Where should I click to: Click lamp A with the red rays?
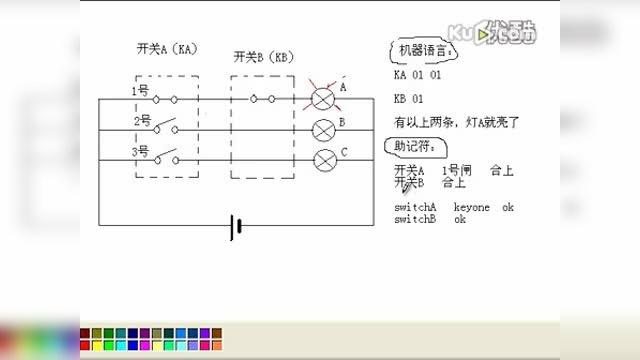tap(324, 98)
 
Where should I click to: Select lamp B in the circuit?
tap(324, 129)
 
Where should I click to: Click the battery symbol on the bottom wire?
tap(236, 226)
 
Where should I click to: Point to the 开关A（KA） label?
tap(165, 49)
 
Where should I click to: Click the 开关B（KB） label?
tap(263, 58)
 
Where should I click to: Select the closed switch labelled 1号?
tap(167, 98)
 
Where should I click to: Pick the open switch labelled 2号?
tap(167, 127)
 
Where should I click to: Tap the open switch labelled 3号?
tap(167, 157)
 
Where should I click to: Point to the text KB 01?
tap(409, 99)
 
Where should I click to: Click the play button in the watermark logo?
tap(485, 36)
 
